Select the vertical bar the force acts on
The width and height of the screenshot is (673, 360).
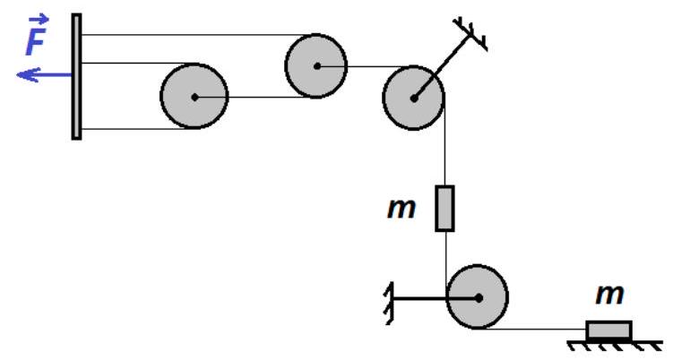pos(77,77)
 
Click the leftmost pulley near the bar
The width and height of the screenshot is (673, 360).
pos(194,96)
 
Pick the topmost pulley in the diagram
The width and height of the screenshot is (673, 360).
pos(315,64)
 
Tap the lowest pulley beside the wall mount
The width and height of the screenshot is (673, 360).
pos(477,296)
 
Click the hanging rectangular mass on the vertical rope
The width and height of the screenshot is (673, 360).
pos(444,208)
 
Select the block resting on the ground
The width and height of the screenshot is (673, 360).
pos(608,330)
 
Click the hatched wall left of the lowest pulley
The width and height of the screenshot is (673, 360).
pos(389,296)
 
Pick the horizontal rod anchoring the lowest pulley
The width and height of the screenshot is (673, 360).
pos(421,296)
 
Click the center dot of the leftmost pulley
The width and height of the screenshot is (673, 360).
pos(194,97)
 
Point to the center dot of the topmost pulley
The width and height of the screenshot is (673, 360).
pos(315,64)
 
